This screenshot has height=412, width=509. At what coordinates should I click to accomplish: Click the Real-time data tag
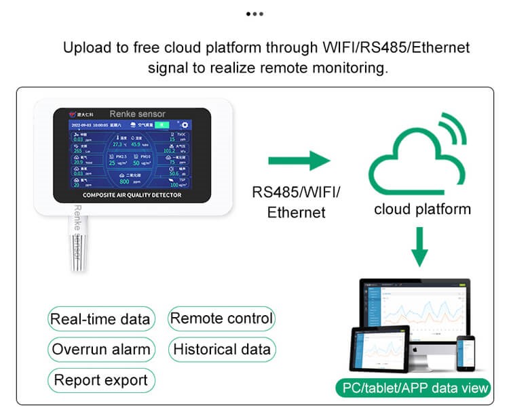pyautogui.click(x=101, y=319)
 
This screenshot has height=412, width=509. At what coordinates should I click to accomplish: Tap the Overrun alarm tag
pyautogui.click(x=101, y=350)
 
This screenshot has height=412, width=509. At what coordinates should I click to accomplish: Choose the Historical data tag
pyautogui.click(x=221, y=350)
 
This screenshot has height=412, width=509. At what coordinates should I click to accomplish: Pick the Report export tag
pyautogui.click(x=101, y=380)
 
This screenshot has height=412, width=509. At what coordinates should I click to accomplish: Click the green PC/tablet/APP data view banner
pyautogui.click(x=413, y=388)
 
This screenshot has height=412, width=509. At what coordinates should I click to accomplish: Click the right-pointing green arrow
pyautogui.click(x=299, y=162)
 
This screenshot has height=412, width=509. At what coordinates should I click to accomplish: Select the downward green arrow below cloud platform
pyautogui.click(x=420, y=247)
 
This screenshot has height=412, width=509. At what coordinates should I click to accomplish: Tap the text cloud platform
pyautogui.click(x=422, y=209)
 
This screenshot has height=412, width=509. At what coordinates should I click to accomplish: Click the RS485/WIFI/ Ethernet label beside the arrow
pyautogui.click(x=296, y=202)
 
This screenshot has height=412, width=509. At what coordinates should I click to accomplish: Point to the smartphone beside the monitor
pyautogui.click(x=465, y=352)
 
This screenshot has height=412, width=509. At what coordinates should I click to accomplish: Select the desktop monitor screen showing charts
pyautogui.click(x=414, y=308)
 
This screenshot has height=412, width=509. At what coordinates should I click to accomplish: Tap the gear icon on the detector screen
pyautogui.click(x=184, y=125)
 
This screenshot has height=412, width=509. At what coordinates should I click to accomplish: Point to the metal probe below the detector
pyautogui.click(x=76, y=247)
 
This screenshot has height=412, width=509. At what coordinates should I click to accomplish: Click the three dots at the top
pyautogui.click(x=254, y=14)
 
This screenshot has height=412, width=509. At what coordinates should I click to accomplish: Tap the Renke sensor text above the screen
pyautogui.click(x=137, y=114)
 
